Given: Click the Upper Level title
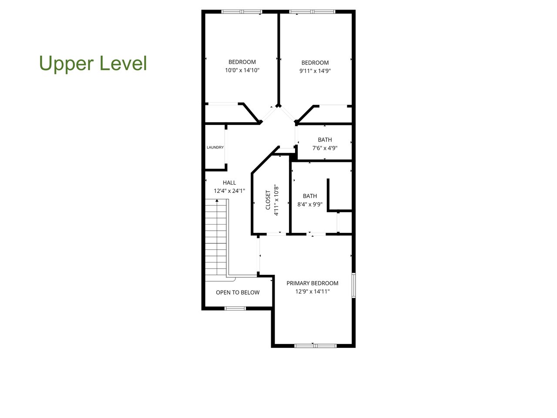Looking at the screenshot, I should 93,63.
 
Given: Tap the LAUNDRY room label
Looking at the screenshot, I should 215,148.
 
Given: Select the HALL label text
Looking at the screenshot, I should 229,183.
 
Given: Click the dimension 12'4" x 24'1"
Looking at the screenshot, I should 229,191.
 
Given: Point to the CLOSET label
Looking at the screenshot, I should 268,200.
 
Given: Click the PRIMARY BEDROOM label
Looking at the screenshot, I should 312,283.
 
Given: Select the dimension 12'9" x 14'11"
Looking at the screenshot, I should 312,291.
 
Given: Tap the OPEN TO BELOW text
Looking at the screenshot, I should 238,293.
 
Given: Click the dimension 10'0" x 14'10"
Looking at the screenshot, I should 242,71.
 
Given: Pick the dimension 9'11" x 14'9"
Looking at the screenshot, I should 315,71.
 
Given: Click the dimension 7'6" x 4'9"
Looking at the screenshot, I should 325,148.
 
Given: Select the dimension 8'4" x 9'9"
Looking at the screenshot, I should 310,204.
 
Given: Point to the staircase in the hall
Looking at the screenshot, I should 216,237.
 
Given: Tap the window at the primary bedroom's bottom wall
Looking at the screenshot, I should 315,346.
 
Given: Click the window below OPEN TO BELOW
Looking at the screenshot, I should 235,308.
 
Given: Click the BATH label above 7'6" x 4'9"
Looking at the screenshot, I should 325,140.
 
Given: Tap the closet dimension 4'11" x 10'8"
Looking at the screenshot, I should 276,200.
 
